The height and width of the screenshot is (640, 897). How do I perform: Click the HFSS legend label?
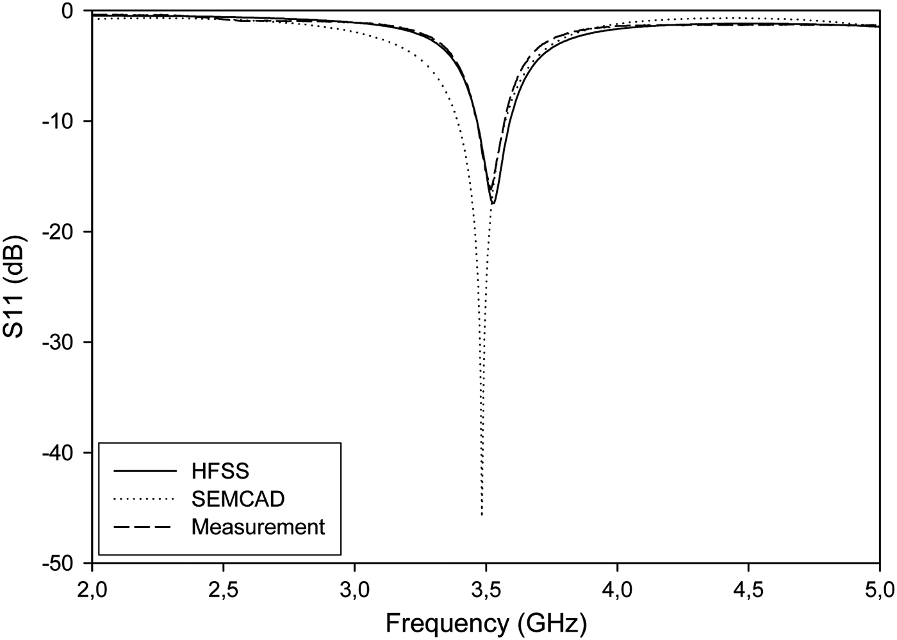coord(220,472)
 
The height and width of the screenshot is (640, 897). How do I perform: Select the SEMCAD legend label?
coord(238,498)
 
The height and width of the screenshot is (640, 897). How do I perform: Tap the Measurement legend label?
coord(258,527)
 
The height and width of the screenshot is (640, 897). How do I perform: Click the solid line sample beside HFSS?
coord(145,472)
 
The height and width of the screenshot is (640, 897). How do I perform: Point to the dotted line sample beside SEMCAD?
coord(145,499)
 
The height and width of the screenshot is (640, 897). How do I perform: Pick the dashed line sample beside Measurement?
coord(145,527)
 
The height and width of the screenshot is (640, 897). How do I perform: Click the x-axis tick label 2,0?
coord(93,587)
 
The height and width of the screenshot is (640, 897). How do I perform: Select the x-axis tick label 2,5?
coord(224,587)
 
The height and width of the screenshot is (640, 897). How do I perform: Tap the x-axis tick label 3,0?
coord(355,587)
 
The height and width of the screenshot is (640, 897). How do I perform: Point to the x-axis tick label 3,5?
coord(486,587)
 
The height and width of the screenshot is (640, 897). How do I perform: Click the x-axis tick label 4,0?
coord(617,587)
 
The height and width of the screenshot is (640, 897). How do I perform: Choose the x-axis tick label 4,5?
coord(748,587)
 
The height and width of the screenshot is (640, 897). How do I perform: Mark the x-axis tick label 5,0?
coord(878,587)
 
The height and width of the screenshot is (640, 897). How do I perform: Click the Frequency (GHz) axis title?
coord(486,622)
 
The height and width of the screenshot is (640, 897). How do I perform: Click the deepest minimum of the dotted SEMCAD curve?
coord(481,514)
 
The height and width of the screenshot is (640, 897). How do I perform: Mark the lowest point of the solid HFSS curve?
coord(492,204)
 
